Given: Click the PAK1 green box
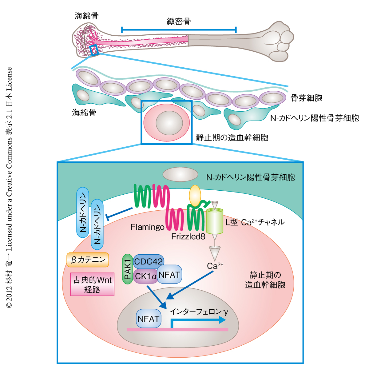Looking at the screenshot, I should point(127,269).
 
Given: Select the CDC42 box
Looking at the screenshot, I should point(149,262).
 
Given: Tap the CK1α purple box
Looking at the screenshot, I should point(145,276).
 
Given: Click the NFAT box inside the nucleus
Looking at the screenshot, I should point(149,319).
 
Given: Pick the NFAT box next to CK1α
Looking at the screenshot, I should point(169,274).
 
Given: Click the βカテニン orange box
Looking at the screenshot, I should point(88,260).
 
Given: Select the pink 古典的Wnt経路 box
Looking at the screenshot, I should point(92,284).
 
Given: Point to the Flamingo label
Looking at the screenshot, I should point(147,227).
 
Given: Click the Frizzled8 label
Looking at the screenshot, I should point(188,236).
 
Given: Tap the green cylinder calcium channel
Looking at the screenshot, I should point(215,221).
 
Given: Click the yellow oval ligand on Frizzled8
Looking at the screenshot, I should point(195,196).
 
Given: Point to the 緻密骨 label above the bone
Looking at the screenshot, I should point(179,21).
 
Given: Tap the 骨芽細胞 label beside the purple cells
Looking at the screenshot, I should point(306,98).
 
